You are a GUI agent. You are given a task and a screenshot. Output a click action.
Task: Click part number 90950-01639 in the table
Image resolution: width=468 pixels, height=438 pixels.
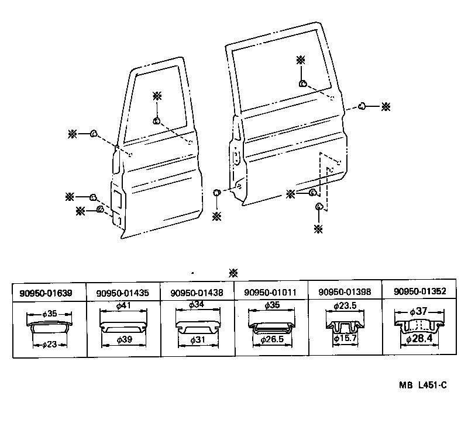click(x=49, y=293)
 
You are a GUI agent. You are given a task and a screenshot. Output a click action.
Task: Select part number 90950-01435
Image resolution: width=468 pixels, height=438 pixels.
click(x=123, y=293)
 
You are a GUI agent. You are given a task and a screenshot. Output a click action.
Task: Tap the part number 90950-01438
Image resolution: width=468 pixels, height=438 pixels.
click(x=197, y=293)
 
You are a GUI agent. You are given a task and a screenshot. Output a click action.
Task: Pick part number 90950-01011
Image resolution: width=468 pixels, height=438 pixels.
click(x=271, y=293)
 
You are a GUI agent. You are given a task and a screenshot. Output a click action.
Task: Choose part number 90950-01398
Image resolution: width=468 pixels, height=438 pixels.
click(x=345, y=293)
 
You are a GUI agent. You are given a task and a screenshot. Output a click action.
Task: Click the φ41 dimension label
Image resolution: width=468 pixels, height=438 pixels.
click(x=123, y=305)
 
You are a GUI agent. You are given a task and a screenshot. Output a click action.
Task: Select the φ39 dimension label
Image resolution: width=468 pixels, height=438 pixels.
click(x=123, y=339)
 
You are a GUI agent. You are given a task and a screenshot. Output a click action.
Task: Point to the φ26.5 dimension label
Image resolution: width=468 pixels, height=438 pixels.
click(x=271, y=339)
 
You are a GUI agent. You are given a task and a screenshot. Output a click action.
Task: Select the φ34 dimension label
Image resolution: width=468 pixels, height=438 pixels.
click(x=197, y=305)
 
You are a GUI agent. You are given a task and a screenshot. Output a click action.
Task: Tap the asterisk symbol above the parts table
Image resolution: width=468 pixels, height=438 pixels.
click(x=233, y=272)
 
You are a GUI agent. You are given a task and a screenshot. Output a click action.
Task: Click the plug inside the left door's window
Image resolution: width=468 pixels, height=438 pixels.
click(x=157, y=121)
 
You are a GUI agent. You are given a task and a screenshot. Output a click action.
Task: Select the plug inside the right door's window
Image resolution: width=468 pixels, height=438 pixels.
click(x=302, y=84)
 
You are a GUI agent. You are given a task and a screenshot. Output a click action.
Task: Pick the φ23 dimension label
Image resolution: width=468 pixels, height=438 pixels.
click(x=49, y=345)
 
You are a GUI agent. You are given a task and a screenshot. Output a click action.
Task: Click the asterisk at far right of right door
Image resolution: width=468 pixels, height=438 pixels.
click(x=386, y=107)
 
